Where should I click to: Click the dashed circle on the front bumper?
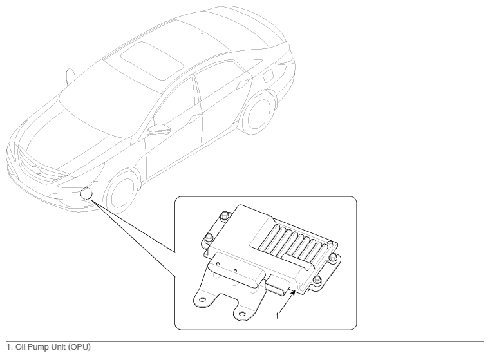coord(86,194)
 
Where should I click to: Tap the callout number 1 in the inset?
coord(277,316)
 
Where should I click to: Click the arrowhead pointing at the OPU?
coord(293,293)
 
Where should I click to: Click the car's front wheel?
coord(122,192)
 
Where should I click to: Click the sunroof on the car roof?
coord(152,61)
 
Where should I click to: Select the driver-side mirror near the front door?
coord(159,129)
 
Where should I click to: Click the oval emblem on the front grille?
coord(36,170)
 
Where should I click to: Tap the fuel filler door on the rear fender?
coord(268,76)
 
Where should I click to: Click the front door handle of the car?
coord(195,118)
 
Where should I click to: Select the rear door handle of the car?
coord(242,84)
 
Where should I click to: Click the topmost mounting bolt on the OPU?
coord(224,216)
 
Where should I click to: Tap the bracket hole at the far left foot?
coord(202,300)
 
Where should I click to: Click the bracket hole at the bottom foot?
coord(242,314)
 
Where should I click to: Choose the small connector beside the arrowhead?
coord(277,285)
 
